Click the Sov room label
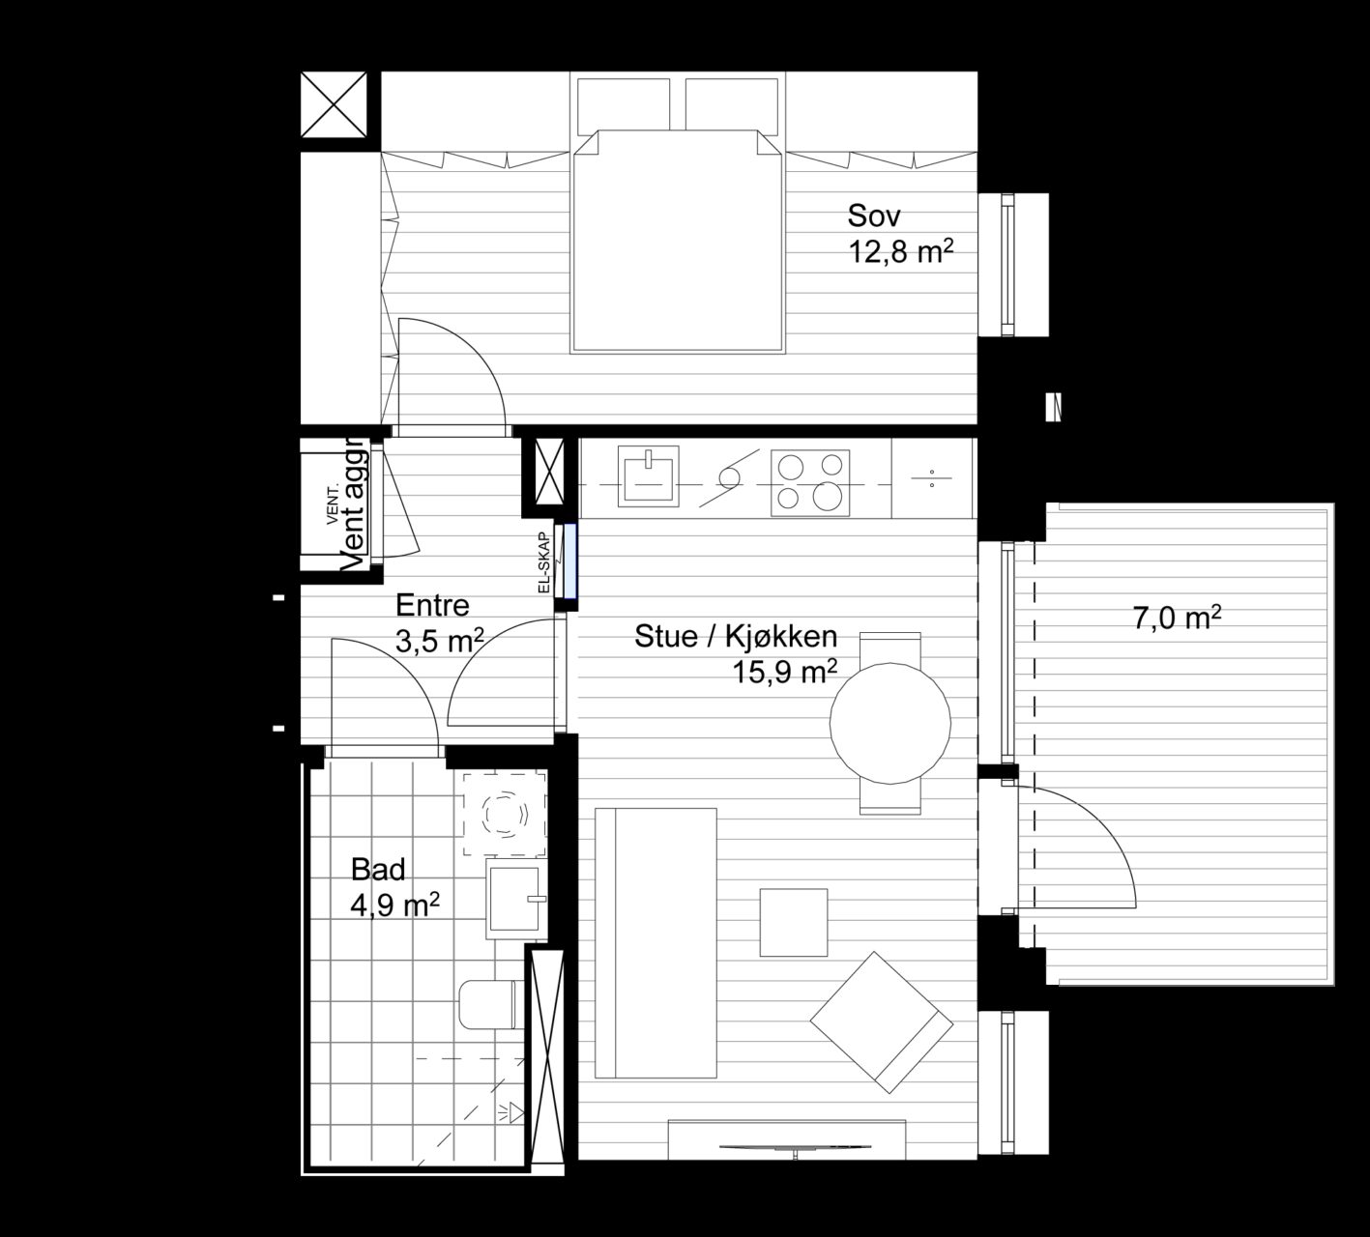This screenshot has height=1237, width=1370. pos(873,216)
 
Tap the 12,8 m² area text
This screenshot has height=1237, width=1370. pos(900,252)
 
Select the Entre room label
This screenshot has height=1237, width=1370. pos(432,606)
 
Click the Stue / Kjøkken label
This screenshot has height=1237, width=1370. pos(736,636)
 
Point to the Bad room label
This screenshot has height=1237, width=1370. pos(378,870)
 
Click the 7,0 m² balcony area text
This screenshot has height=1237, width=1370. pos(1177,618)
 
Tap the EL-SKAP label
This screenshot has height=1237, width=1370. pos(544,561)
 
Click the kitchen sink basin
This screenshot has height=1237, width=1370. pos(648,476)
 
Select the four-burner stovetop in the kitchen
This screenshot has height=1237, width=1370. pos(810,482)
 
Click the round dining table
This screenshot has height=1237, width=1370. pos(889,724)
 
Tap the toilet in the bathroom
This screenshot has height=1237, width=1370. pos(490,1004)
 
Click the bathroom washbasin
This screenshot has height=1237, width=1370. pos(517,899)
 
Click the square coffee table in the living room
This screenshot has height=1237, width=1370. pos(794,922)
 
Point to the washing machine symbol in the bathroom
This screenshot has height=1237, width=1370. pos(505,813)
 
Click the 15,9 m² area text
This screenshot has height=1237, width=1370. pos(785,673)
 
